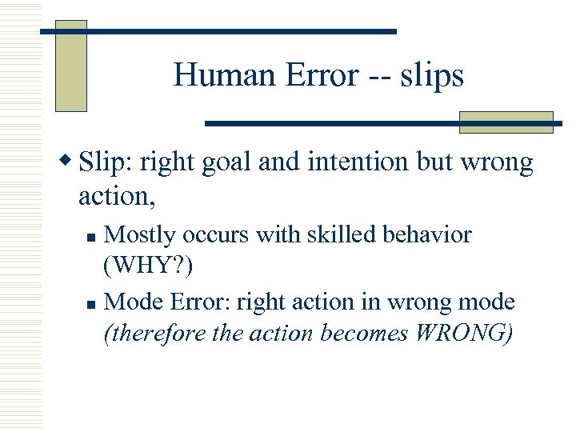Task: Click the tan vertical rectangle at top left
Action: [70, 66]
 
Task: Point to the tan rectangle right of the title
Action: [506, 122]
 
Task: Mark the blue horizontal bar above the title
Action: [218, 31]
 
